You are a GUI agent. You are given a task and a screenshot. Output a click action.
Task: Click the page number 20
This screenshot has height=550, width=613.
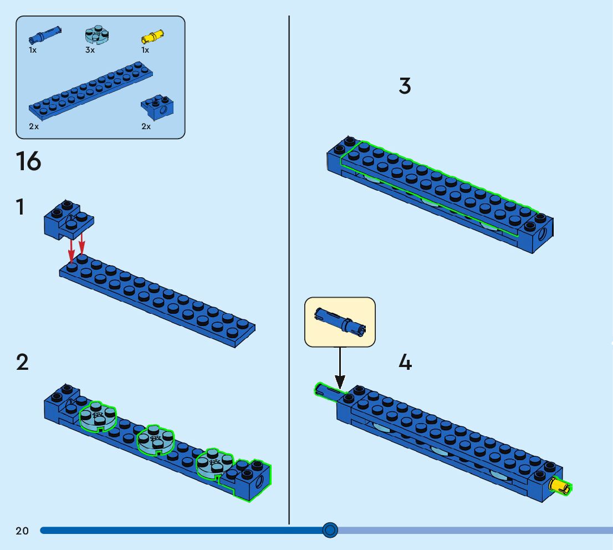pos(22,531)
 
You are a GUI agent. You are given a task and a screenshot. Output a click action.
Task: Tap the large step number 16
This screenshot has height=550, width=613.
pos(28,161)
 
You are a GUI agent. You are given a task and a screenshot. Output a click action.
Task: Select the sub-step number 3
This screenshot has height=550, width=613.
pos(405,86)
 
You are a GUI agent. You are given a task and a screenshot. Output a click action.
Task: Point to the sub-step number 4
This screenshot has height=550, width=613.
pos(405,363)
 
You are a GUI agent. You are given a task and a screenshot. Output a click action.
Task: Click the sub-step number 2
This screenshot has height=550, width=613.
pos(22,363)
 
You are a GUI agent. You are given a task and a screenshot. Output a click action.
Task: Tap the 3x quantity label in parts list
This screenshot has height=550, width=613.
pos(90,50)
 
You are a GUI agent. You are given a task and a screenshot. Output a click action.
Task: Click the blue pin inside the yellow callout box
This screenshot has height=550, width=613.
pos(340,322)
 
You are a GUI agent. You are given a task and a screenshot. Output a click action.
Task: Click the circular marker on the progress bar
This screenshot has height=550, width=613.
pos(330,531)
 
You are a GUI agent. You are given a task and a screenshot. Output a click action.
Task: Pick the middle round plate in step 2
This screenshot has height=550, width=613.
pos(156,439)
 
